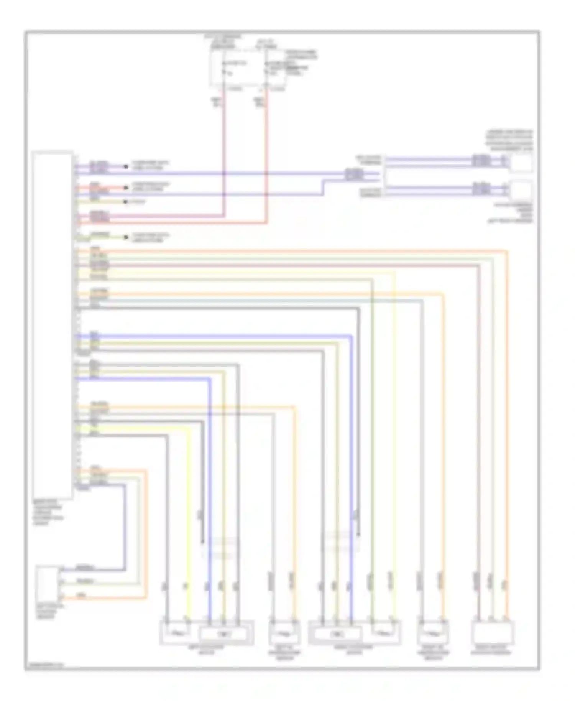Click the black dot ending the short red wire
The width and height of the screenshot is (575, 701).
(x=125, y=188)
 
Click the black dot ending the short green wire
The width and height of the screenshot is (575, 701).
(x=125, y=237)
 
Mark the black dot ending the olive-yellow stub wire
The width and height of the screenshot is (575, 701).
(x=125, y=202)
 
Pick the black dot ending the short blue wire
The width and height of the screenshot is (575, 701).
(x=125, y=166)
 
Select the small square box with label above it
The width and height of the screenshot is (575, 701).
(x=522, y=163)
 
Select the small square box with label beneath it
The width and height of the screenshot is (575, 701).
(x=522, y=190)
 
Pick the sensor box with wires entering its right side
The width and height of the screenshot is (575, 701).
(x=48, y=583)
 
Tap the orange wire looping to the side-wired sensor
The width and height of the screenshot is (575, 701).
(x=146, y=537)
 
